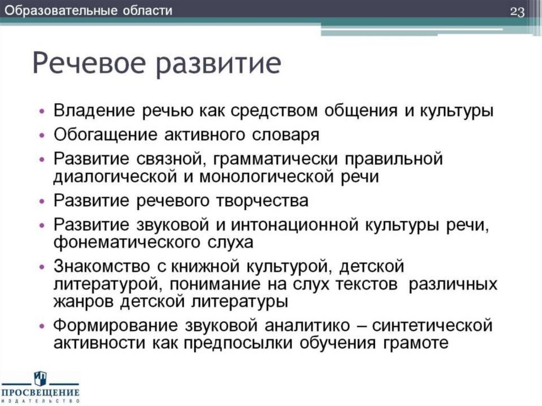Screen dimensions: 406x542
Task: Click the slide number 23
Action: [x=517, y=12]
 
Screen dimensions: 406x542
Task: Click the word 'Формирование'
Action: [x=106, y=323]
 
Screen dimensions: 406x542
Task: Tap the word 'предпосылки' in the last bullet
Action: [x=231, y=342]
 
